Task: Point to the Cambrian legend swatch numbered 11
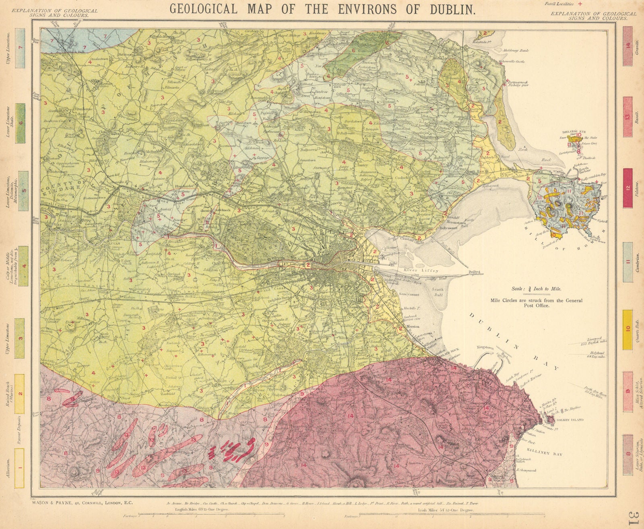[x=628, y=261]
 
